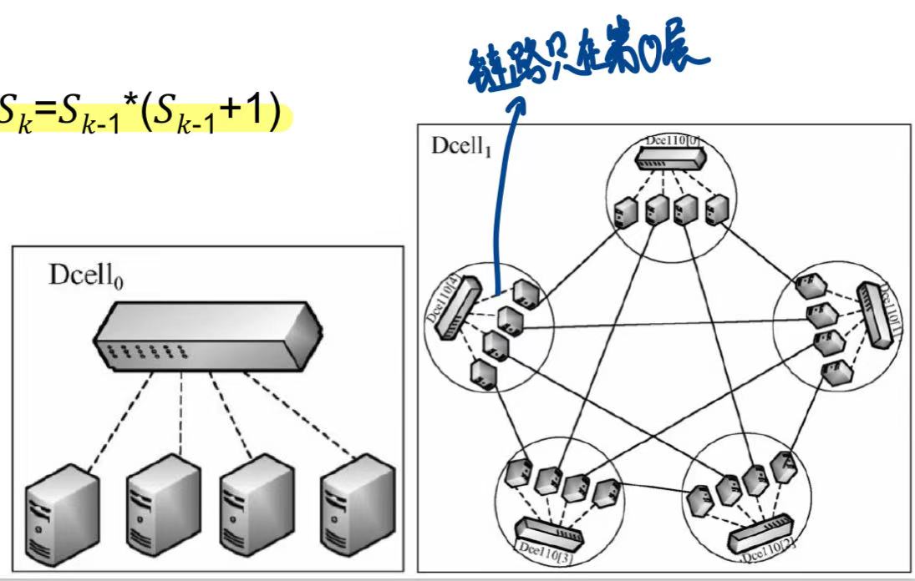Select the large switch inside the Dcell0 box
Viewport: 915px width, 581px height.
point(206,333)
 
